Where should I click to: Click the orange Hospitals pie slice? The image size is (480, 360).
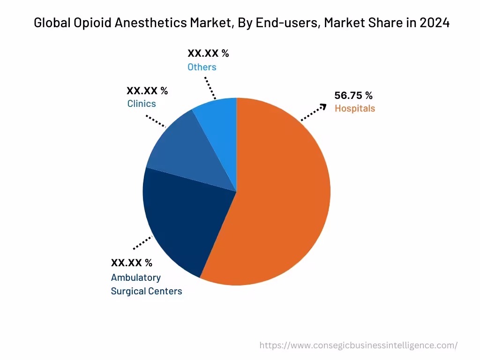tap(281, 197)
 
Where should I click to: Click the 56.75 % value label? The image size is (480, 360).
tap(353, 96)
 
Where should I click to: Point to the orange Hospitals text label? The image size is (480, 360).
tap(355, 108)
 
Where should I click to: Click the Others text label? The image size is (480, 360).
tap(202, 67)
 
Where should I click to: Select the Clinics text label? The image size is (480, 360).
tap(142, 104)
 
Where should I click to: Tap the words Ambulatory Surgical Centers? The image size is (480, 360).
tap(146, 284)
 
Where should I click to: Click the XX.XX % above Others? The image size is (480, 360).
tap(208, 53)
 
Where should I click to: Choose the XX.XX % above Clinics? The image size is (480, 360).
tap(147, 90)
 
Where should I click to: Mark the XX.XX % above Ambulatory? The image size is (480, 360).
tap(131, 262)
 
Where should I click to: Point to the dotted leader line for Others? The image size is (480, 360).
tap(210, 89)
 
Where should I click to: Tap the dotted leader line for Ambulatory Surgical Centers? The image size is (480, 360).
tap(143, 243)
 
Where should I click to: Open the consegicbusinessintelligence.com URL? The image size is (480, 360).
tap(359, 345)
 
